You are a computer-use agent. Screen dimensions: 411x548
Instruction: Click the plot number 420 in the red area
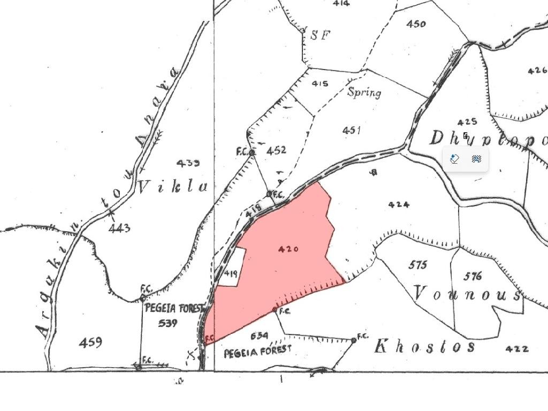288,249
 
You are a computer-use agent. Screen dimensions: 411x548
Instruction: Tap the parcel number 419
231,273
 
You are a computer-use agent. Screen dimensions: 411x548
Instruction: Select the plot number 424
399,204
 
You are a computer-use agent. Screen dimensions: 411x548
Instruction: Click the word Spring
364,92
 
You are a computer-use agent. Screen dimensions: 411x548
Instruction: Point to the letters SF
321,35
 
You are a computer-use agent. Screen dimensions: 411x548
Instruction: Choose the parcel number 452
276,150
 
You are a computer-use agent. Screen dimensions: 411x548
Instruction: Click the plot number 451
352,130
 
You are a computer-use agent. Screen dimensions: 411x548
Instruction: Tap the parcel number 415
320,83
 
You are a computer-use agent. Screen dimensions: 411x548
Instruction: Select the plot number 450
416,24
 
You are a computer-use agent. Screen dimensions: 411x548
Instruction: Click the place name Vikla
173,187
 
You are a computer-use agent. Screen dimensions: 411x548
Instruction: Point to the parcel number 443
119,229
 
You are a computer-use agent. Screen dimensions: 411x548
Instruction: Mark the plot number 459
90,342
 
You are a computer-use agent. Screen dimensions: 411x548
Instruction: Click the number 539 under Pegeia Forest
168,323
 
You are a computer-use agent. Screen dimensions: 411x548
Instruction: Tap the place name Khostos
424,346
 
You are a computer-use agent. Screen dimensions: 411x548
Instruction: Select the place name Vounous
467,294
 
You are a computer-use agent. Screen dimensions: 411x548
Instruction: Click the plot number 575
418,265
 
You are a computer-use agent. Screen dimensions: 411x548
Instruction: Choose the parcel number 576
473,276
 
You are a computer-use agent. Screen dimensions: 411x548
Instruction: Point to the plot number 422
517,349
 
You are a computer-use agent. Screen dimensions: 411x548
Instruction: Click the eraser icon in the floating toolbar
455,159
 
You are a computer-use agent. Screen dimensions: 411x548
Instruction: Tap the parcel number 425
467,122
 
